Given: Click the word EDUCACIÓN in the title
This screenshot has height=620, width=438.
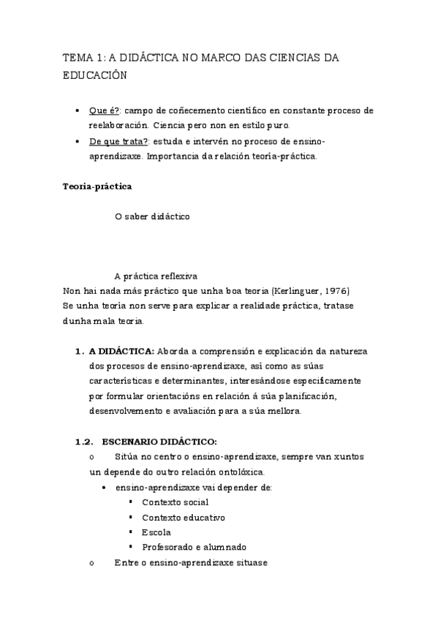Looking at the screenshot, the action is (95, 75).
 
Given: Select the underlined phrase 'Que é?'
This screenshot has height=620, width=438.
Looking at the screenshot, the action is (105, 110).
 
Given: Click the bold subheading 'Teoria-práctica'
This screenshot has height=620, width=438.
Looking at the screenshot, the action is (97, 186).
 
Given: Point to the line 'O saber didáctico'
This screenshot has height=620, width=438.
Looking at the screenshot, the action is (152, 216).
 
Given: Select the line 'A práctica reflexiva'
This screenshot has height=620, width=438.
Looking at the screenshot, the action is (156, 276).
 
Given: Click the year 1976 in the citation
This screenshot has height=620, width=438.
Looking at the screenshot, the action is (335, 290).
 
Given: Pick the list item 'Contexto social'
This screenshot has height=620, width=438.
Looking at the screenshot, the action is (175, 502).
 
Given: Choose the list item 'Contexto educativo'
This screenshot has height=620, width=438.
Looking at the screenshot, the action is (183, 517).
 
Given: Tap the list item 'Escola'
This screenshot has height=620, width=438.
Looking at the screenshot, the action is (156, 532).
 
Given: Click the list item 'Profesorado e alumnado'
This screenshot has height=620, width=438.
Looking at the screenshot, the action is (194, 547).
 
